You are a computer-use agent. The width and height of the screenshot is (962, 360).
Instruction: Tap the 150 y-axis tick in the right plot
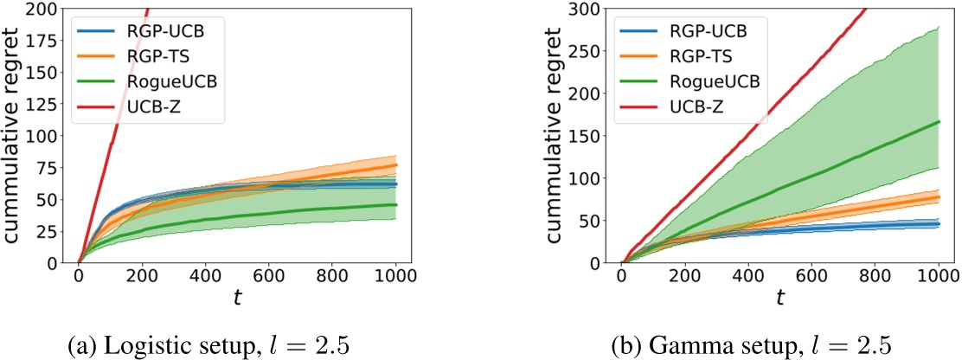click(595, 137)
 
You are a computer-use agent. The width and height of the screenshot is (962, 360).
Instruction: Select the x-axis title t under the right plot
click(779, 299)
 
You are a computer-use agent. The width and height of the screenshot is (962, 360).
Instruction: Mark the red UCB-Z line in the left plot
click(112, 138)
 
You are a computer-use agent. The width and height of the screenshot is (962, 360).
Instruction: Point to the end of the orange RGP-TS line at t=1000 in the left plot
click(396, 165)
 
